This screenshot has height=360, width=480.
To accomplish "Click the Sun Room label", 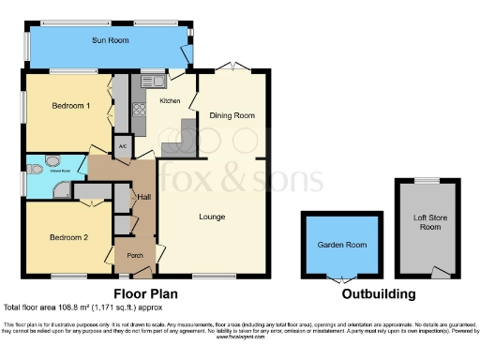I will (110, 41).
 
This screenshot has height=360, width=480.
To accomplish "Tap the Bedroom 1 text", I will (70, 106).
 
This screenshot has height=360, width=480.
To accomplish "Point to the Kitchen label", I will (170, 100).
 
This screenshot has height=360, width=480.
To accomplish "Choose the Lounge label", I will (212, 217).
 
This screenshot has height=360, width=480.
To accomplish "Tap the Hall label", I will (145, 197).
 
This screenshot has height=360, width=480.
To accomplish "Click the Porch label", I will (135, 253).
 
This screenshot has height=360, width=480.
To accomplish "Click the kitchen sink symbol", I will (151, 82).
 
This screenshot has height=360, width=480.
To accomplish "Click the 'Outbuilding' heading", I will (379, 293).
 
